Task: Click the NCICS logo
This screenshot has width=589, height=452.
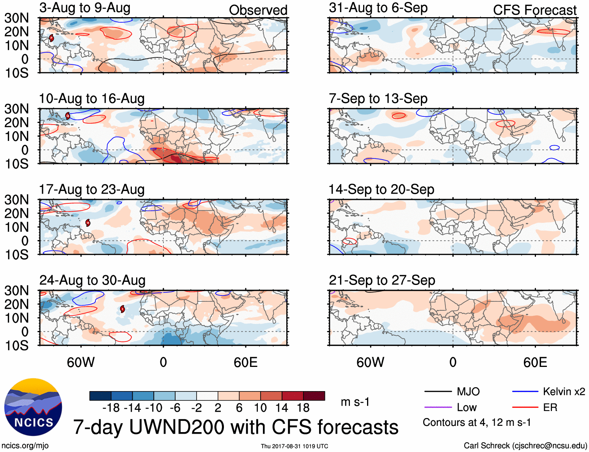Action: pos(33,407)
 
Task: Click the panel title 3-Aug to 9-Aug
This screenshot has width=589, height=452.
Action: pos(85,8)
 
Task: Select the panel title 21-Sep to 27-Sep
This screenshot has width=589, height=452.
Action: pos(382,280)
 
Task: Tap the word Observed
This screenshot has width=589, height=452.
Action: pos(258,10)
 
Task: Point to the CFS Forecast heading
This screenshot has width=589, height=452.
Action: pos(534,10)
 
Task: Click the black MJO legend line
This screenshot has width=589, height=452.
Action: pos(438,391)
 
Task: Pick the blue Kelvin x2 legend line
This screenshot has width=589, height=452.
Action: pos(525,391)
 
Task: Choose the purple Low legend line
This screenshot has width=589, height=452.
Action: pos(438,407)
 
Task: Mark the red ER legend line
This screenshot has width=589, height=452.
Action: pos(525,407)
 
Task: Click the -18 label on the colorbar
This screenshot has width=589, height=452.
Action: pos(111,408)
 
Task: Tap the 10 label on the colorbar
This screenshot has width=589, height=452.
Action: pos(260,408)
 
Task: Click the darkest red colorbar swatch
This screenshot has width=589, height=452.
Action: pos(314,396)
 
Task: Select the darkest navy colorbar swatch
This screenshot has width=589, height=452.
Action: pos(100,396)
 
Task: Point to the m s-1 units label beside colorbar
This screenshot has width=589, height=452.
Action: pos(355,402)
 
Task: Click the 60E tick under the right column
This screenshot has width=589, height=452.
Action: pos(535,363)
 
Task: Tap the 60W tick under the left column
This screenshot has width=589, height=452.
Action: pos(81,363)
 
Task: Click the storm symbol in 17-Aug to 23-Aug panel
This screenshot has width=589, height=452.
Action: pos(88,222)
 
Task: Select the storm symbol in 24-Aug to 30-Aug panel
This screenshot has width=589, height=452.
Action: pos(122,309)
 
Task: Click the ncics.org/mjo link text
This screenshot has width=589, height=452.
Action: pos(25,446)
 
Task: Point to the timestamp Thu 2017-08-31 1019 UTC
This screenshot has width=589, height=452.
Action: pos(294,446)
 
